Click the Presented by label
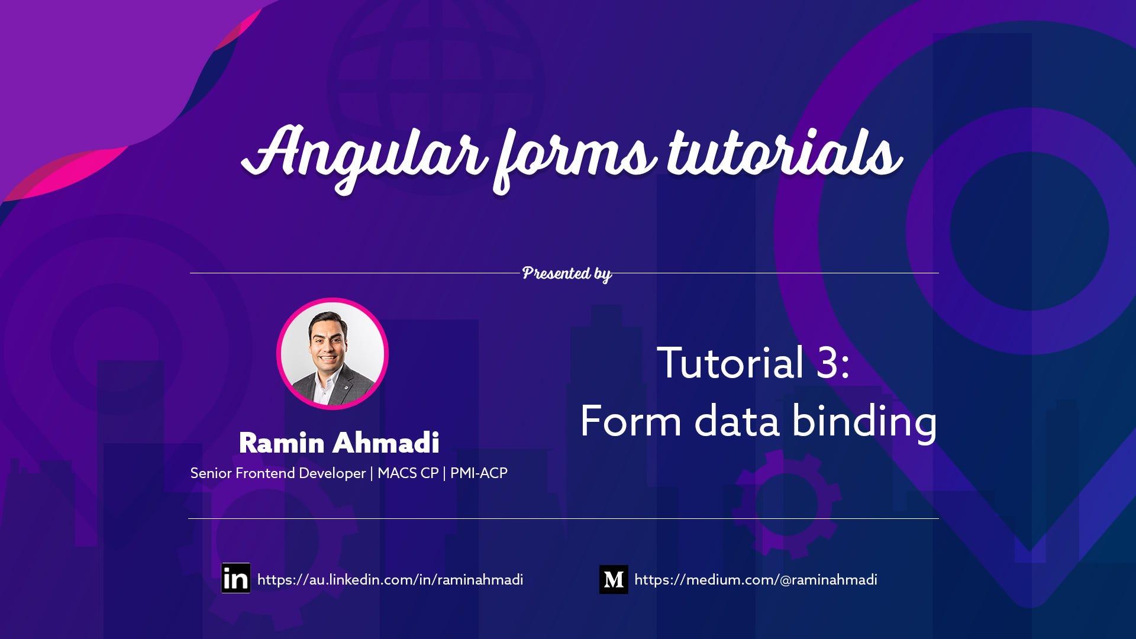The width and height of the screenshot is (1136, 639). [x=566, y=273]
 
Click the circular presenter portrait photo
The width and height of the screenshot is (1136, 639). [x=332, y=353]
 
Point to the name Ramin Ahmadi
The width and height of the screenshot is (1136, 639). [x=339, y=443]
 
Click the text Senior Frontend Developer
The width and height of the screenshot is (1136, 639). [x=277, y=473]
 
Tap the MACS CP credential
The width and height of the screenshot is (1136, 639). [x=408, y=473]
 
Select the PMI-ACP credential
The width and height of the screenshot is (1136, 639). [x=479, y=473]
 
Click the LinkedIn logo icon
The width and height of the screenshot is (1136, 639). [x=235, y=578]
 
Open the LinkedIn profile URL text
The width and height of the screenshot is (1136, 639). [x=390, y=580]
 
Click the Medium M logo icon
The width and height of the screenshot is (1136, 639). [x=614, y=579]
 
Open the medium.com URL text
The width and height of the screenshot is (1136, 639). [x=756, y=580]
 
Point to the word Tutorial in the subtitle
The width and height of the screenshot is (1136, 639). [x=730, y=363]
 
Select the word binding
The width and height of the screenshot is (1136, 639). [x=864, y=422]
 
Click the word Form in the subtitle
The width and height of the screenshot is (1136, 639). [x=631, y=422]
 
